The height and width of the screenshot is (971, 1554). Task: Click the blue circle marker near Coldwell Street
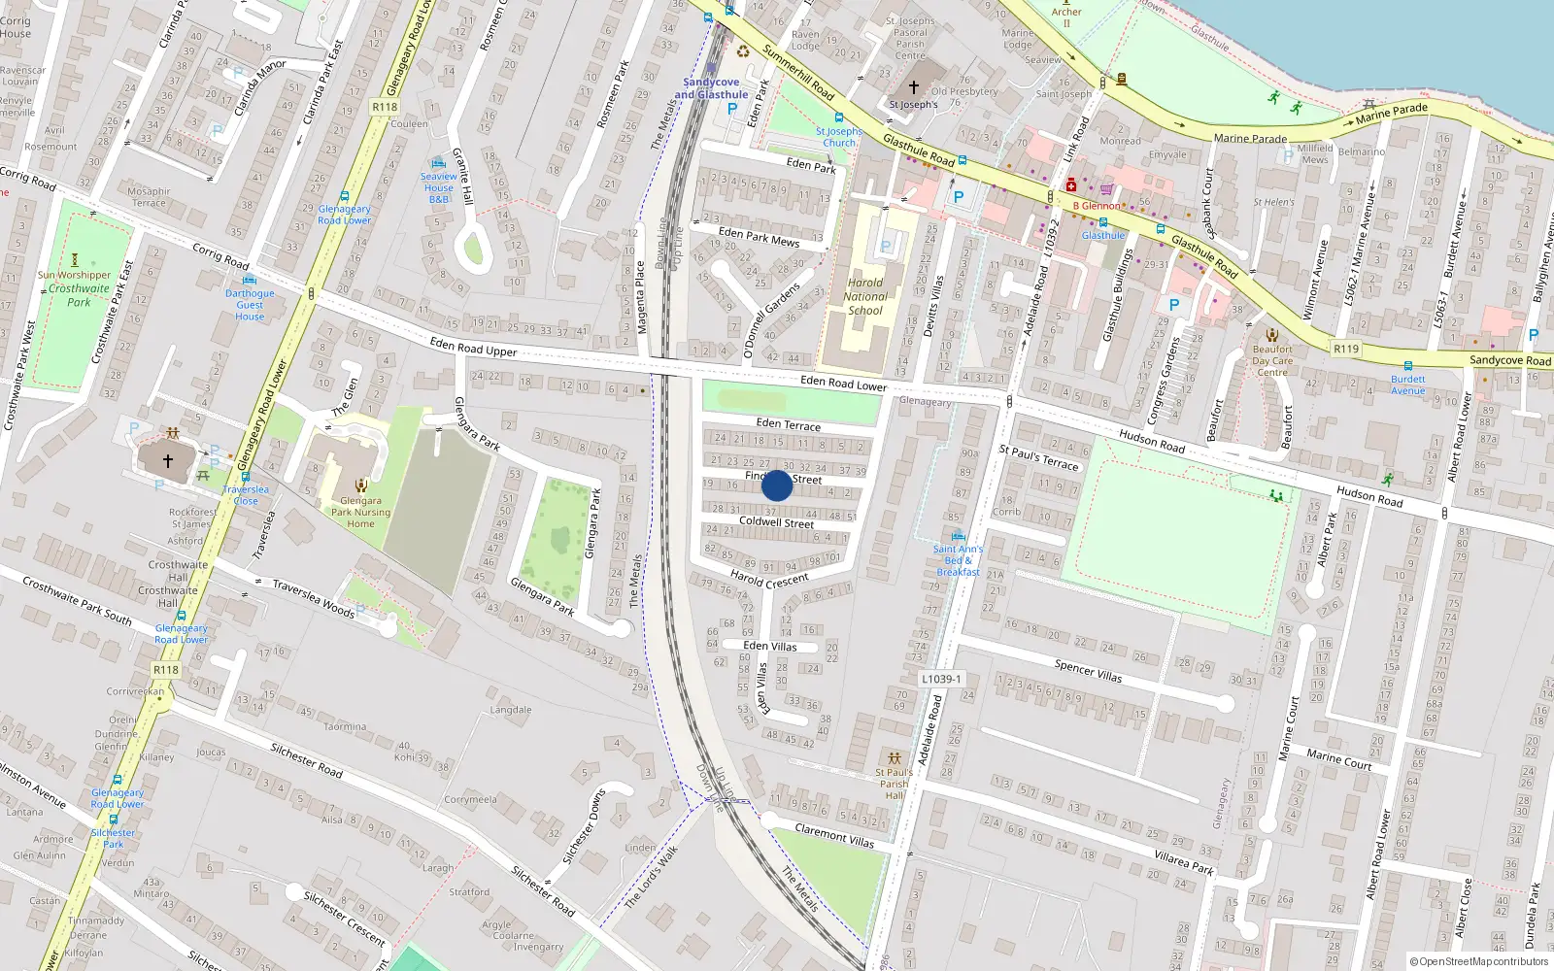pyautogui.click(x=777, y=485)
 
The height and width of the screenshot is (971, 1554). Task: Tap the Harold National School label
pyautogui.click(x=865, y=297)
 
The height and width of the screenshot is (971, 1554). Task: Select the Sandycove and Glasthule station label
pyautogui.click(x=711, y=88)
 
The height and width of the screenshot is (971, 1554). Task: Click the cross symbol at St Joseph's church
pyautogui.click(x=913, y=87)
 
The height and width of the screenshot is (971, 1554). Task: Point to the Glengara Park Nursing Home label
pyautogui.click(x=360, y=512)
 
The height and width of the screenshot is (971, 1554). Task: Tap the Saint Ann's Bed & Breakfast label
pyautogui.click(x=958, y=560)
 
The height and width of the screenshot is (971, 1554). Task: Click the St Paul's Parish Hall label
pyautogui.click(x=894, y=784)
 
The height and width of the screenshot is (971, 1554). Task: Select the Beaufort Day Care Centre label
pyautogui.click(x=1272, y=360)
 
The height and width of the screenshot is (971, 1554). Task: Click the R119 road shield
pyautogui.click(x=1345, y=349)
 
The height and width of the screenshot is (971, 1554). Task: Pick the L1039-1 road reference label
pyautogui.click(x=941, y=679)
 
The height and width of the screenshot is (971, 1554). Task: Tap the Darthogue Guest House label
pyautogui.click(x=250, y=305)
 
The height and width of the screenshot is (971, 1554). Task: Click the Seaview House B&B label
pyautogui.click(x=438, y=187)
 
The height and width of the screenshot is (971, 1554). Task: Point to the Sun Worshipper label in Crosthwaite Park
pyautogui.click(x=74, y=275)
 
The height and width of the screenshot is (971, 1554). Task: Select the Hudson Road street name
pyautogui.click(x=1152, y=441)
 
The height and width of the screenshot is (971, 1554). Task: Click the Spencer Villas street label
pyautogui.click(x=1088, y=670)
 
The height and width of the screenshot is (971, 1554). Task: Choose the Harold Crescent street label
pyautogui.click(x=769, y=580)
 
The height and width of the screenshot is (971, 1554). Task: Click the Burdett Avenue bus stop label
pyautogui.click(x=1407, y=385)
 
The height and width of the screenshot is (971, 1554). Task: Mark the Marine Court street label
pyautogui.click(x=1338, y=758)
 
